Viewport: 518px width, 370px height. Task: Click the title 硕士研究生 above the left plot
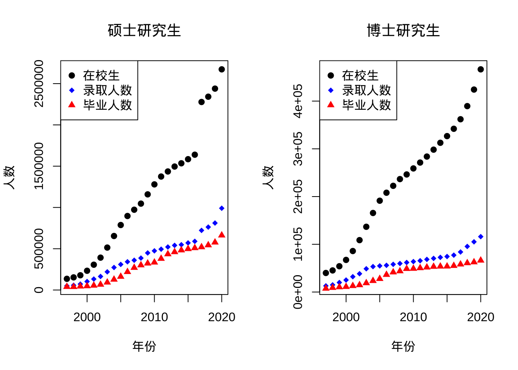point(144,30)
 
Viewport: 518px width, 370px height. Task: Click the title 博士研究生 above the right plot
point(403,30)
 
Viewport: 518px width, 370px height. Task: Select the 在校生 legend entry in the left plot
point(101,76)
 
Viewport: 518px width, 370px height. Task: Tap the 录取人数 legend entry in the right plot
point(366,90)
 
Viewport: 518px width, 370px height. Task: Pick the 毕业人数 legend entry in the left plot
point(107,105)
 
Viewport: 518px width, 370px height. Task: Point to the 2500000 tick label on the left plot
point(39,83)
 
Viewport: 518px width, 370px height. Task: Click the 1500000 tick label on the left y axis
point(39,166)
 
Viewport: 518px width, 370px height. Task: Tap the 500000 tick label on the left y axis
point(39,249)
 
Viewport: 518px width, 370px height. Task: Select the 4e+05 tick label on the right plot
point(298,101)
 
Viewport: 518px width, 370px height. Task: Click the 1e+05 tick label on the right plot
point(298,244)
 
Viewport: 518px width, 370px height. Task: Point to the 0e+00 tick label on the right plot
point(298,292)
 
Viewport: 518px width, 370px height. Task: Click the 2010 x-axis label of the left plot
point(154,317)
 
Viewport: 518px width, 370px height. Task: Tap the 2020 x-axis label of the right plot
point(480,317)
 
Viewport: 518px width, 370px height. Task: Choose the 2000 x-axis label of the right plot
point(346,317)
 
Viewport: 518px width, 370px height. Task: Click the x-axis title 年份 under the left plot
point(144,346)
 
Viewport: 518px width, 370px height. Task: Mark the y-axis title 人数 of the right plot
point(268,177)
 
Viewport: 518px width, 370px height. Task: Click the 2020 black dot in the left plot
point(222,69)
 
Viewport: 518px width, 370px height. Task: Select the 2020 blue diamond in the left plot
point(222,208)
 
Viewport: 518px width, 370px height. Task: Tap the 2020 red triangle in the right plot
point(481,260)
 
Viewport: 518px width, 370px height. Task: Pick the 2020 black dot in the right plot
point(481,69)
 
